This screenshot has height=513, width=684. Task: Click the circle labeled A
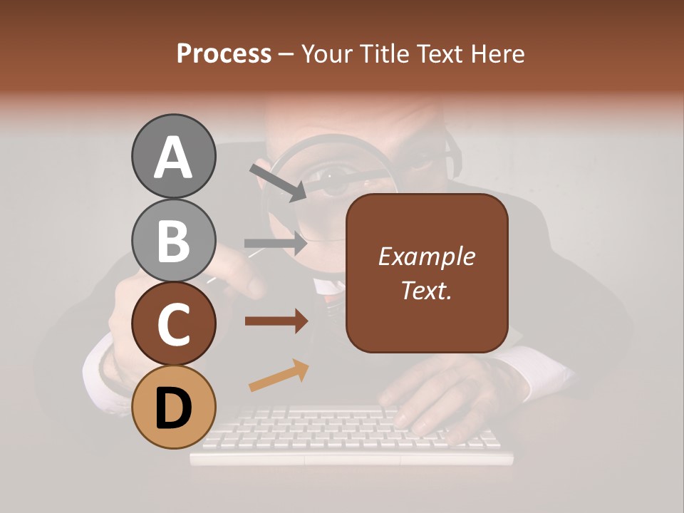click(173, 157)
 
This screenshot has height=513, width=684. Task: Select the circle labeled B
click(173, 240)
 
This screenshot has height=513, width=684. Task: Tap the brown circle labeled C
click(173, 323)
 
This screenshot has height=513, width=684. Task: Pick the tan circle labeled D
click(173, 407)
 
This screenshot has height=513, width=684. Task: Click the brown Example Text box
click(427, 274)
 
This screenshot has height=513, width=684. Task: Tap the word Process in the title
click(224, 53)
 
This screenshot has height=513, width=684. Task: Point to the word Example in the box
click(426, 256)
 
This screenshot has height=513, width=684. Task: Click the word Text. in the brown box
click(426, 290)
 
